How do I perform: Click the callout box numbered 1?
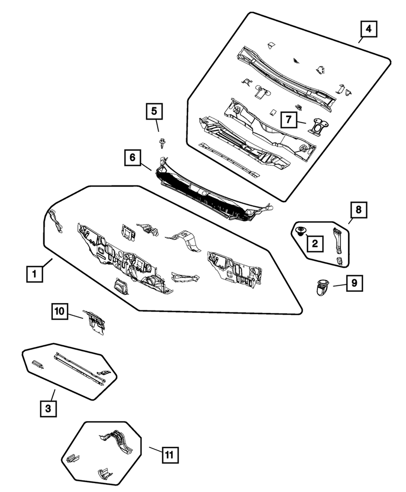coord(34,273)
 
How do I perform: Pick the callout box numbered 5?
coord(154,112)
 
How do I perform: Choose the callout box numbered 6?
coord(132,158)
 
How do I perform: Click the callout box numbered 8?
coord(358,210)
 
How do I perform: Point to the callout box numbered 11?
coord(170,455)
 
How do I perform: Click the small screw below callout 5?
coord(162,144)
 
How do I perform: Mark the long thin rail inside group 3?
coord(79,367)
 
